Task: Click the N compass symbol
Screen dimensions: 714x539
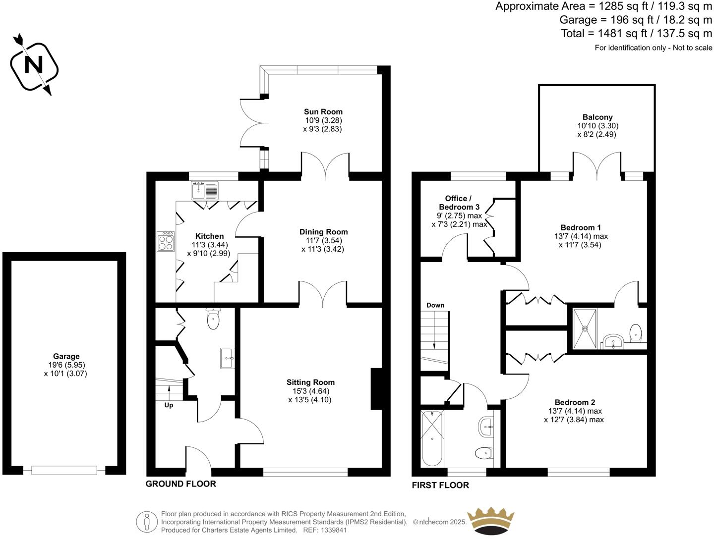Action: pos(34,65)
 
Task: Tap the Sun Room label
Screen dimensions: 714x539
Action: pos(323,112)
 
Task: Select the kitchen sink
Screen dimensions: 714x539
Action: pos(205,191)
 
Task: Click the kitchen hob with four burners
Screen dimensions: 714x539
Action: pos(166,241)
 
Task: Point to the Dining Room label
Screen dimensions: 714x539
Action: pos(323,232)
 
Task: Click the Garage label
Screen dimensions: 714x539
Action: pos(66,356)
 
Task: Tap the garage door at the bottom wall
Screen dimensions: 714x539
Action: pos(64,470)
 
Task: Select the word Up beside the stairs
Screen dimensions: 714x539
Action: pos(169,405)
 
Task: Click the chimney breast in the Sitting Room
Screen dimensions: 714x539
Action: pos(376,389)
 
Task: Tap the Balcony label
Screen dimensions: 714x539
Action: pos(597,117)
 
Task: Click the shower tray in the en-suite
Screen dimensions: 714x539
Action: pos(585,328)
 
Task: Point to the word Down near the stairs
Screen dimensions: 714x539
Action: pos(435,305)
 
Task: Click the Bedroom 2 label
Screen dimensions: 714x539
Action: pos(575,402)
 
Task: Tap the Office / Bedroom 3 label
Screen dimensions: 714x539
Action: pos(459,203)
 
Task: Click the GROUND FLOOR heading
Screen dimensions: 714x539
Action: pos(180,484)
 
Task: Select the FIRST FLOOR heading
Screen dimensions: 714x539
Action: pos(440,485)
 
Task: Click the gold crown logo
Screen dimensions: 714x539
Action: pos(490,520)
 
